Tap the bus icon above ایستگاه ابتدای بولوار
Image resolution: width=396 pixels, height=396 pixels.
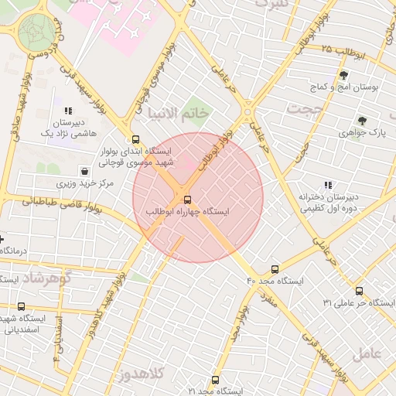point(136,140)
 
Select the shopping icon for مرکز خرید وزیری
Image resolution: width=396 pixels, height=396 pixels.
point(84,171)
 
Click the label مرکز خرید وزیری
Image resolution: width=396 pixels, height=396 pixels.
point(85,184)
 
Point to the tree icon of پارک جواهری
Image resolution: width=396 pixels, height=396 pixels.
point(361,120)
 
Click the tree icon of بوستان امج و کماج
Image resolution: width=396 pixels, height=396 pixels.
point(343,75)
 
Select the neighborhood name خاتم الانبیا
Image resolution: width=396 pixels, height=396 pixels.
point(179,113)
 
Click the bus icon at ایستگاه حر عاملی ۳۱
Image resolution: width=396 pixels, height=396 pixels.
point(359,291)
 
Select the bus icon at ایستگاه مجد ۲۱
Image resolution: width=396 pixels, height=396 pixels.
point(215,380)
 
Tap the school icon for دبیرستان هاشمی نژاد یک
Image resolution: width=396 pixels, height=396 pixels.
point(69,110)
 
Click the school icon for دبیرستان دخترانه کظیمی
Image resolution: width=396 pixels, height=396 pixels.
point(328,185)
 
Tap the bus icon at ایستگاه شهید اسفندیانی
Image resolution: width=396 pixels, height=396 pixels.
point(20,306)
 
